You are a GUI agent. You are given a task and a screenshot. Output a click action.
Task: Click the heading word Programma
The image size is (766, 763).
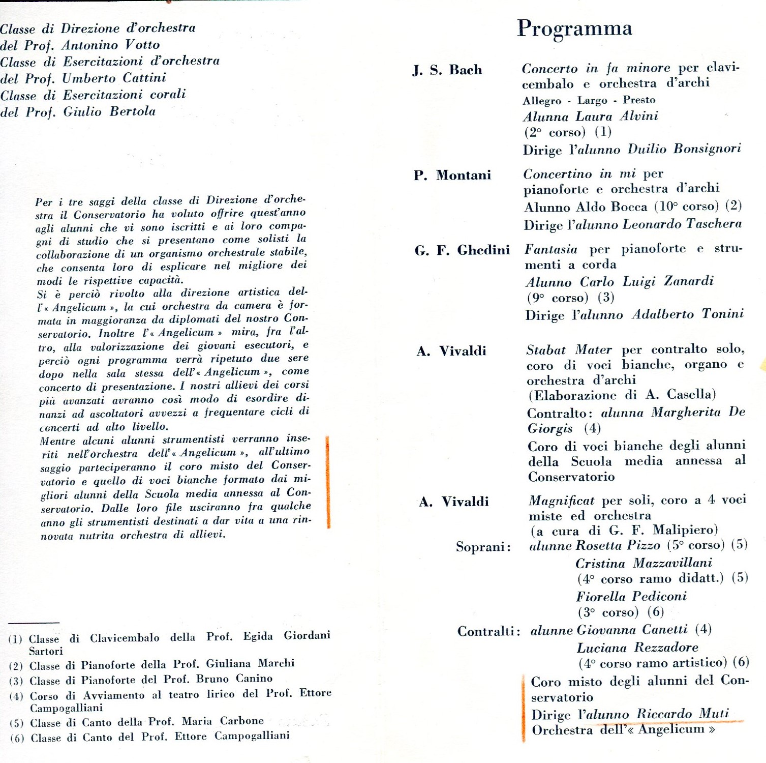click(574, 28)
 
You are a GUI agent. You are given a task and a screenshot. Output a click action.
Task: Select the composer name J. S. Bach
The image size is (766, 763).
click(447, 70)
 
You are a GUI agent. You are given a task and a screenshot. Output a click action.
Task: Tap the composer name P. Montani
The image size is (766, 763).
click(452, 175)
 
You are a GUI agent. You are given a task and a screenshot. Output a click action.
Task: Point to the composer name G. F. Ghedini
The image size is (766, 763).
click(462, 250)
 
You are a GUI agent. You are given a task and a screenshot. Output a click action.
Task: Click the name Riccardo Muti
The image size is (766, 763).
click(683, 714)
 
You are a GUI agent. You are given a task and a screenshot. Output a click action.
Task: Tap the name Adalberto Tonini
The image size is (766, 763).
click(688, 314)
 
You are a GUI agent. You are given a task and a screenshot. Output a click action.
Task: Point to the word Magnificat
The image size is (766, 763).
click(561, 501)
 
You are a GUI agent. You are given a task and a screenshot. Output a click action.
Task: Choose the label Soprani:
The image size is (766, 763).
click(483, 547)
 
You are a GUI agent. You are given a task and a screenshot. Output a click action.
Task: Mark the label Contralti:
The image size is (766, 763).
click(488, 632)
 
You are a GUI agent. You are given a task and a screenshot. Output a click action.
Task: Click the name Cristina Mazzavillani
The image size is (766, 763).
click(644, 564)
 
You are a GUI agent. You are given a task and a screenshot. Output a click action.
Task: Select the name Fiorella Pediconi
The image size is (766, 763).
click(631, 596)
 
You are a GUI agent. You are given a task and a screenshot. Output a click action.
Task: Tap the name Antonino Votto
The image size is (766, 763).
click(111, 45)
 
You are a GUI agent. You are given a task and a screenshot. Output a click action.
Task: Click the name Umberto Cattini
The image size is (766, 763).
click(114, 78)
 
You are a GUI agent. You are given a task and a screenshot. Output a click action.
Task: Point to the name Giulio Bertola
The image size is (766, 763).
click(109, 112)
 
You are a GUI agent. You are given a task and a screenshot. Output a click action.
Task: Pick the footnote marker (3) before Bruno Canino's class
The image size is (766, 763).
click(16, 681)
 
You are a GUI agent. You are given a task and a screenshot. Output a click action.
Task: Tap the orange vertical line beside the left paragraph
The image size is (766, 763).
click(328, 482)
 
